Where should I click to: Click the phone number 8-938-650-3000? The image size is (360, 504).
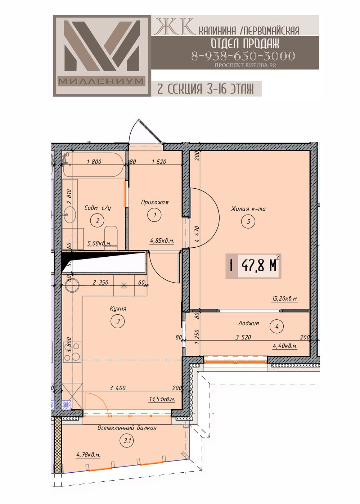click(x=243, y=56)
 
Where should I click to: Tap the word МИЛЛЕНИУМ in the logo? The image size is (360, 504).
click(x=101, y=81)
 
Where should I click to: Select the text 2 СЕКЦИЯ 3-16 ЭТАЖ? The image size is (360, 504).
click(x=205, y=89)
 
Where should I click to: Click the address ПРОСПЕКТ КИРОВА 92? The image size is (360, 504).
click(x=245, y=65)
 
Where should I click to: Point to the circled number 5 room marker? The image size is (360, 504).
click(x=248, y=221)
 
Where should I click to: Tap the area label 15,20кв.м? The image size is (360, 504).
click(x=285, y=298)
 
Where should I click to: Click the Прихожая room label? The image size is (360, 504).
click(x=154, y=202)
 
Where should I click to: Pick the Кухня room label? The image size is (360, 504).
click(x=118, y=309)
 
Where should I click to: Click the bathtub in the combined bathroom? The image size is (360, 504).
click(x=93, y=165)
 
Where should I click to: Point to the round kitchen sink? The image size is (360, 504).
click(x=72, y=285)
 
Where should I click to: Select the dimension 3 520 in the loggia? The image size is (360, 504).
click(x=243, y=337)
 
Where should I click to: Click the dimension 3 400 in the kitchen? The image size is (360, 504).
click(x=117, y=388)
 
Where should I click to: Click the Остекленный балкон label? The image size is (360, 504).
click(x=127, y=428)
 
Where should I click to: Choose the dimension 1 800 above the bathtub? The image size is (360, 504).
click(x=94, y=162)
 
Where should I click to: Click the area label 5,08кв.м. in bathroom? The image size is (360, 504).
click(x=99, y=243)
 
